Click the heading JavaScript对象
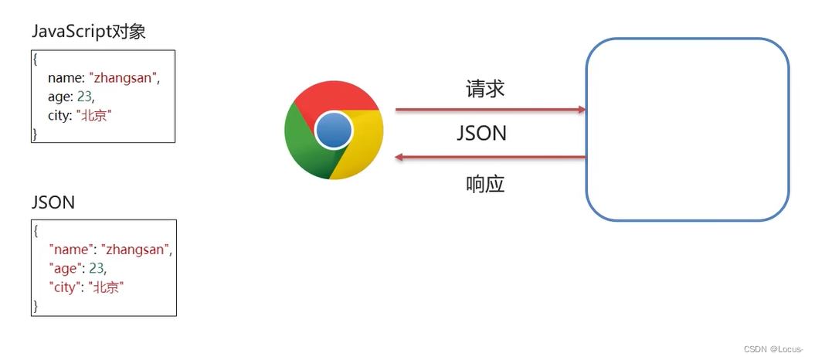coord(89,32)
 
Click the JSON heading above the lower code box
coord(53,202)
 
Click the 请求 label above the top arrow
coord(485,89)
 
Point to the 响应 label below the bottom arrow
coord(485,184)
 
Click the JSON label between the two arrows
coord(481,133)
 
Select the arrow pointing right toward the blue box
coord(490,110)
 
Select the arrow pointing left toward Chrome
coord(490,158)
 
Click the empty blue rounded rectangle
coord(687,129)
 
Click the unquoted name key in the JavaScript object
coord(65,77)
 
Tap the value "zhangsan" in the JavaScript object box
coord(124,77)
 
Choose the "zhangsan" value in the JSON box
coord(136,250)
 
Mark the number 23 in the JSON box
coord(97,268)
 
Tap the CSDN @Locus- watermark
coord(775,349)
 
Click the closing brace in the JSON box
coord(35,306)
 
